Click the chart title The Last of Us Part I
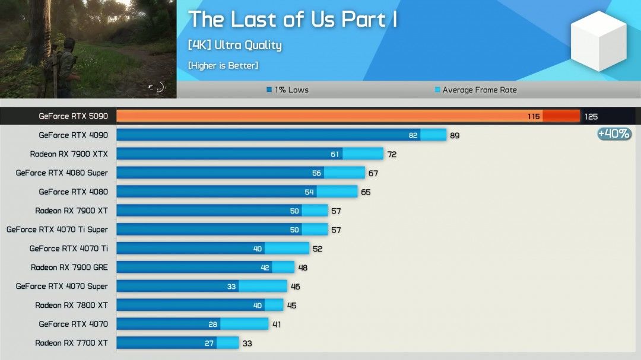click(293, 20)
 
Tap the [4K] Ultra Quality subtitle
click(234, 45)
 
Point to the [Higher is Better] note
click(223, 65)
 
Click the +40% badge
click(614, 134)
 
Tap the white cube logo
click(598, 41)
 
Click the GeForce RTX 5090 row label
click(73, 116)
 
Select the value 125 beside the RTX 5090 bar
click(591, 117)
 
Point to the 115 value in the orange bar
click(534, 117)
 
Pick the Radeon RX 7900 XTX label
click(69, 154)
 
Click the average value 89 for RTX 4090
click(455, 136)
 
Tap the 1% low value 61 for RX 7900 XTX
click(335, 154)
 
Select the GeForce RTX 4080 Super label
click(62, 173)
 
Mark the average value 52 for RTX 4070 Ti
click(318, 249)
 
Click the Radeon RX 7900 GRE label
click(69, 267)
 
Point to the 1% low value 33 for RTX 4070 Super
click(231, 286)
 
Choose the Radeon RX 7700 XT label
click(71, 343)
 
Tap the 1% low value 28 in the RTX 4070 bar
click(213, 324)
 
